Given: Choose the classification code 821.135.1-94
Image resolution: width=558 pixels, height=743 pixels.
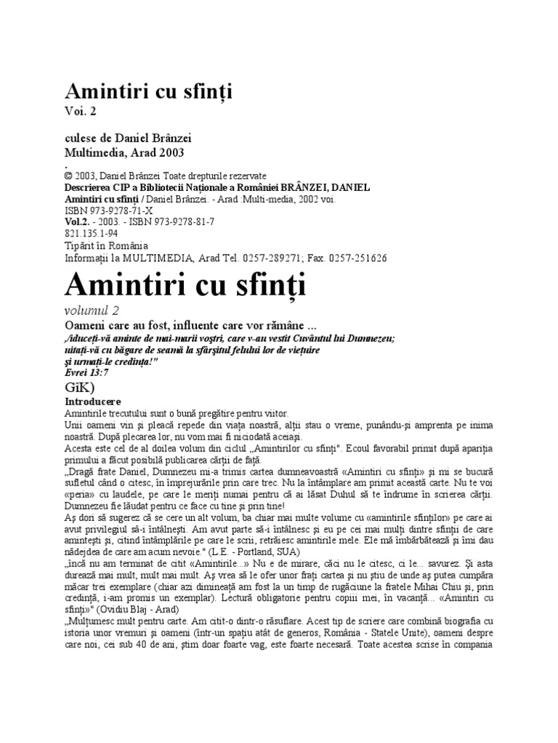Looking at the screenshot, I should [x=92, y=234].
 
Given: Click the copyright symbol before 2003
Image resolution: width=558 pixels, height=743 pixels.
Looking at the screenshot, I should [x=68, y=176].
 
